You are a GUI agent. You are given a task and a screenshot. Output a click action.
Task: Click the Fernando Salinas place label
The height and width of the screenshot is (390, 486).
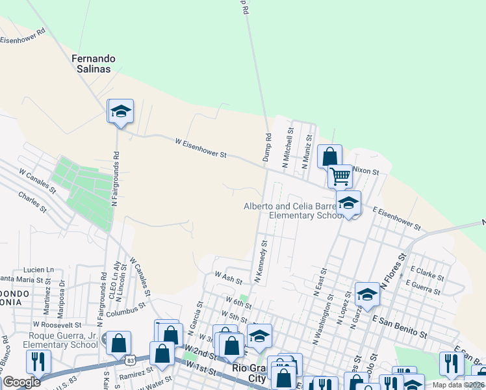coord(91,63)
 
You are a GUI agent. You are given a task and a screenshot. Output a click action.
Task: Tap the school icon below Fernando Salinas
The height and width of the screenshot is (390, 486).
coord(120,111)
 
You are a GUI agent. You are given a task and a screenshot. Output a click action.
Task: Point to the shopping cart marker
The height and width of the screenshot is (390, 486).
coord(340,175)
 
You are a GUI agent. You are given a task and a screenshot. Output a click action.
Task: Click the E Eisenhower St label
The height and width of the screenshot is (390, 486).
coord(396,218)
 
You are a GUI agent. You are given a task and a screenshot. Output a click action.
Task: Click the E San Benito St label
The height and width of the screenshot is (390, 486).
coord(400,325)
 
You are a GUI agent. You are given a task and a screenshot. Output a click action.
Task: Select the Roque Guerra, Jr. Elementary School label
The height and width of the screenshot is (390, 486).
coord(56,341)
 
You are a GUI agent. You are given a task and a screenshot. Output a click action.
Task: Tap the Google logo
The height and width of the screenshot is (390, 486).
coord(22,382)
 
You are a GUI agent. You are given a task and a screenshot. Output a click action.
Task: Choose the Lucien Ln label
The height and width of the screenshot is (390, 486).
coord(38,269)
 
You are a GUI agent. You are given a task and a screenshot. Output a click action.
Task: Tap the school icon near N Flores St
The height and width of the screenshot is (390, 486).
coord(367,294)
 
